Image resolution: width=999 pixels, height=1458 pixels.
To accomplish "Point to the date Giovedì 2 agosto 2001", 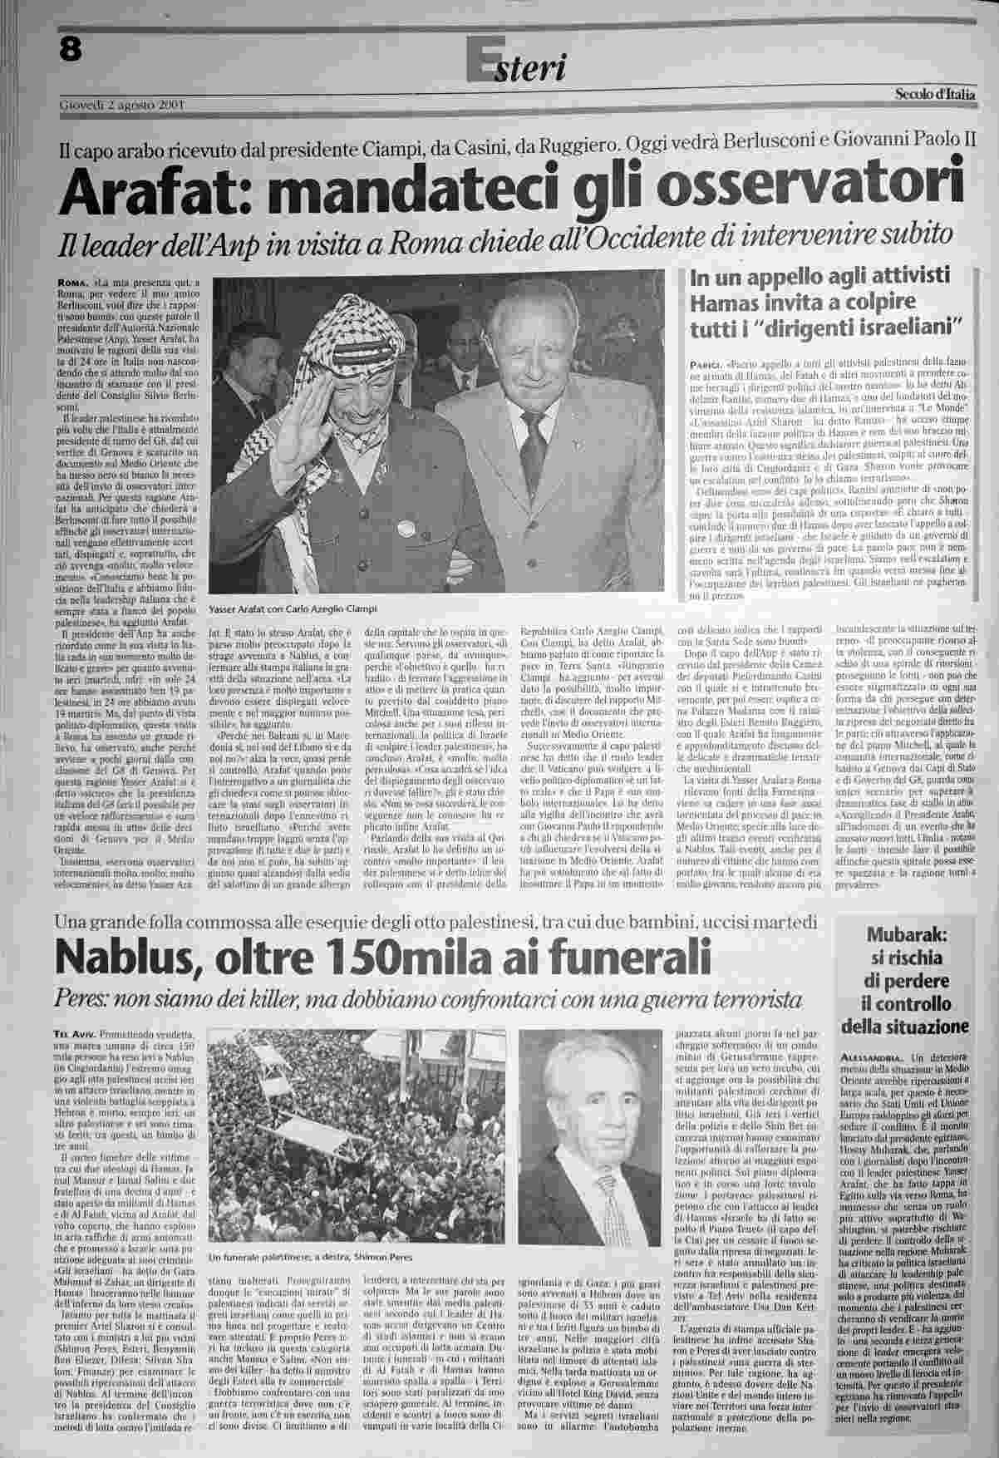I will pyautogui.click(x=121, y=106).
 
